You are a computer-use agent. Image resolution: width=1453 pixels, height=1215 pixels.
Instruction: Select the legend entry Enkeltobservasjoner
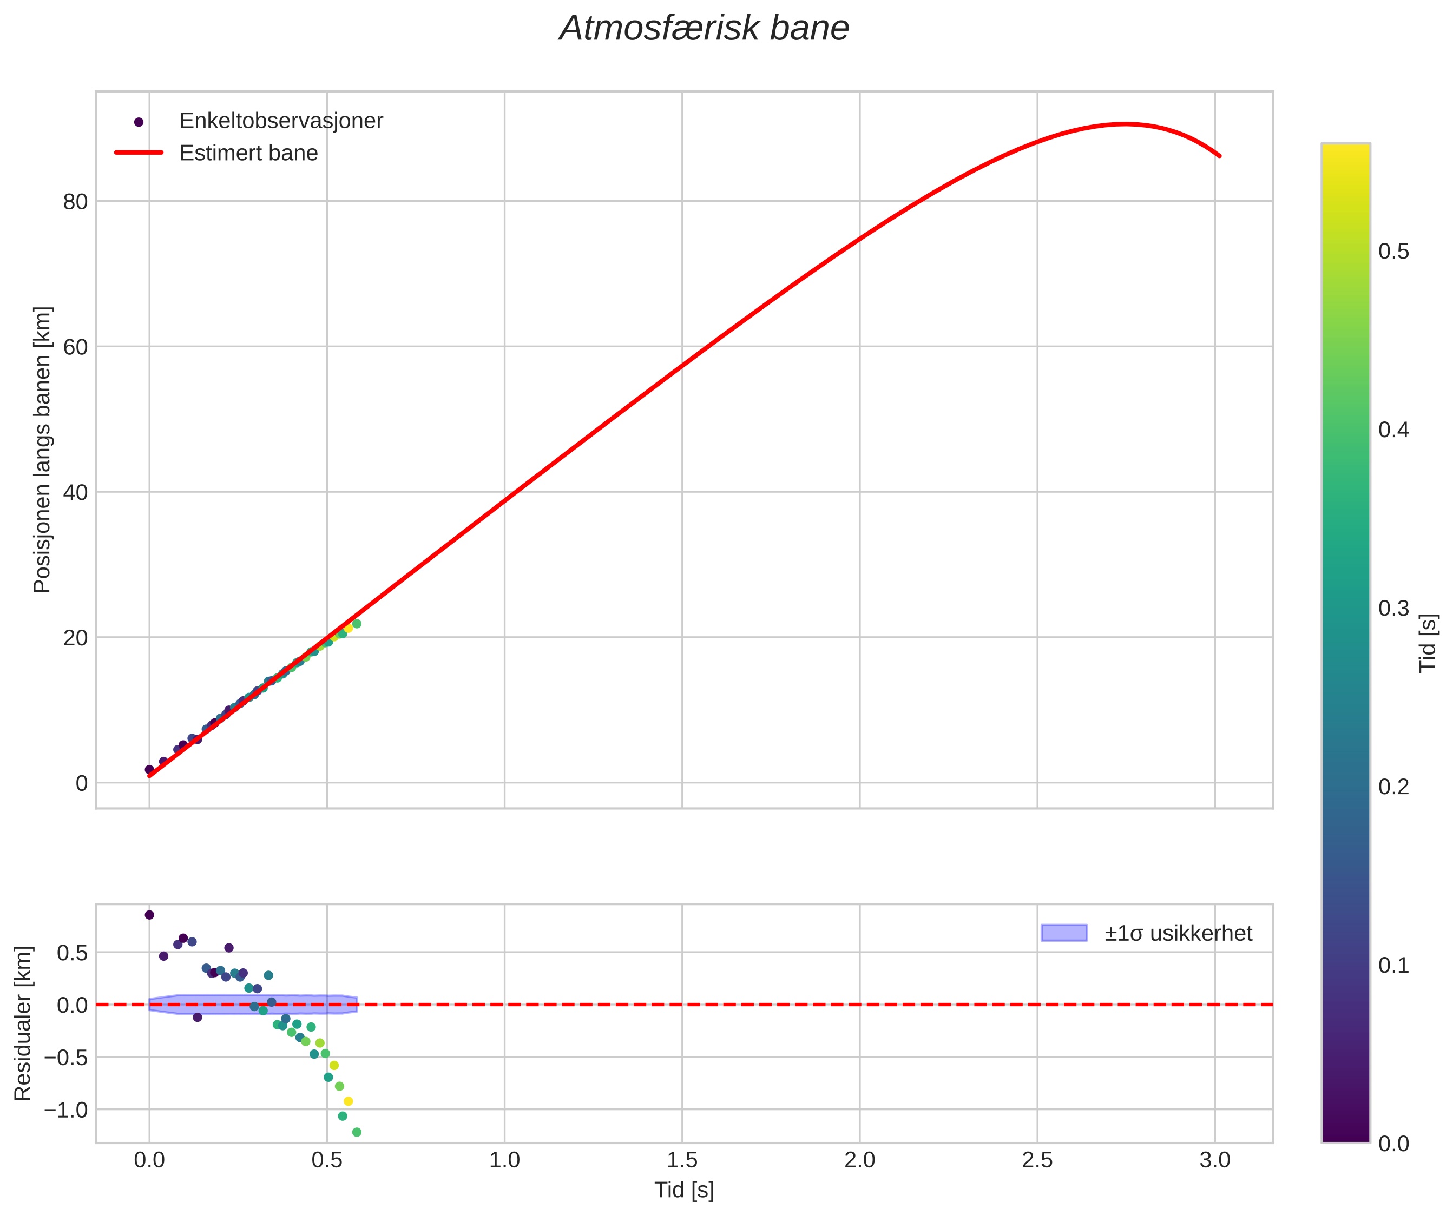coord(280,121)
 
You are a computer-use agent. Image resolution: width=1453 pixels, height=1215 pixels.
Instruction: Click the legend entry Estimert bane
coord(248,153)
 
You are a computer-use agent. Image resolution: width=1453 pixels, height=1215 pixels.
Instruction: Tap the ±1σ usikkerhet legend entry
coord(1178,934)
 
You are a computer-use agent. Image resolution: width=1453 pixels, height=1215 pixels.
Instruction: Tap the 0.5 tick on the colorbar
coord(1393,252)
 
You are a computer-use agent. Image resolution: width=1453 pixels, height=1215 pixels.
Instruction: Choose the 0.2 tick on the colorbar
coord(1393,787)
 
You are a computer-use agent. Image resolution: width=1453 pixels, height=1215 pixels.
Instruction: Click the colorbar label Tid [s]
coord(1428,643)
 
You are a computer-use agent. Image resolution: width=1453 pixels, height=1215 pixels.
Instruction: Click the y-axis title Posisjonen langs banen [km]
coord(42,450)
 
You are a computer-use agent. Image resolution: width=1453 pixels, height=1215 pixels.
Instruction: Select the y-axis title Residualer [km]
coord(23,1023)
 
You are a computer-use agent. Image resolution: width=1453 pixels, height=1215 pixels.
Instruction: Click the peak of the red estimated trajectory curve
coord(1125,124)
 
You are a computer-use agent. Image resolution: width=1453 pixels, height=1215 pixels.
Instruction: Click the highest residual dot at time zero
coord(149,915)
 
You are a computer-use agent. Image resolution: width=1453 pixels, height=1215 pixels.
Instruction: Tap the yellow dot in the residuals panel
coord(348,1101)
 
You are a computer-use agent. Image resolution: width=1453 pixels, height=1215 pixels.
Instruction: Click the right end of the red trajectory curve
coord(1219,156)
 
